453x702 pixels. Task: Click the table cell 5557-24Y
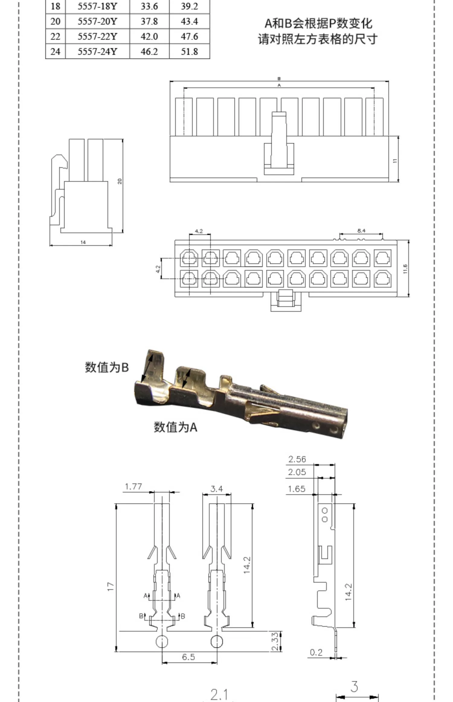point(97,51)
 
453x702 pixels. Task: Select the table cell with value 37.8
point(149,21)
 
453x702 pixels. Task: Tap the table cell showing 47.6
point(189,37)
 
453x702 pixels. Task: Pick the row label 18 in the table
point(55,6)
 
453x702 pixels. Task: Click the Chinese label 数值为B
point(107,367)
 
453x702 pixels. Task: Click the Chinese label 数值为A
point(175,427)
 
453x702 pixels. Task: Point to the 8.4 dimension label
point(361,231)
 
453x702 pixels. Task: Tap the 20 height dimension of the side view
point(120,181)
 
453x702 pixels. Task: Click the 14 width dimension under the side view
point(83,242)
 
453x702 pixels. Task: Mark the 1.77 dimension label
point(133,486)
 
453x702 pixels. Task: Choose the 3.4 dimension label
point(217,489)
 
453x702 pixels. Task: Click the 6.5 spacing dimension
point(188,657)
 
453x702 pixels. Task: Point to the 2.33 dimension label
point(275,642)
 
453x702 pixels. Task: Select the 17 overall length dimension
point(111,587)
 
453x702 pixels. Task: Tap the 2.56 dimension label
point(297,459)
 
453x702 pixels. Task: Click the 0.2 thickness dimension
point(316,652)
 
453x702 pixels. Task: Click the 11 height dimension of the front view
point(395,161)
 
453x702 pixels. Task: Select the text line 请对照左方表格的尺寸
point(318,39)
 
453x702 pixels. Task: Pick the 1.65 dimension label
point(296,489)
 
